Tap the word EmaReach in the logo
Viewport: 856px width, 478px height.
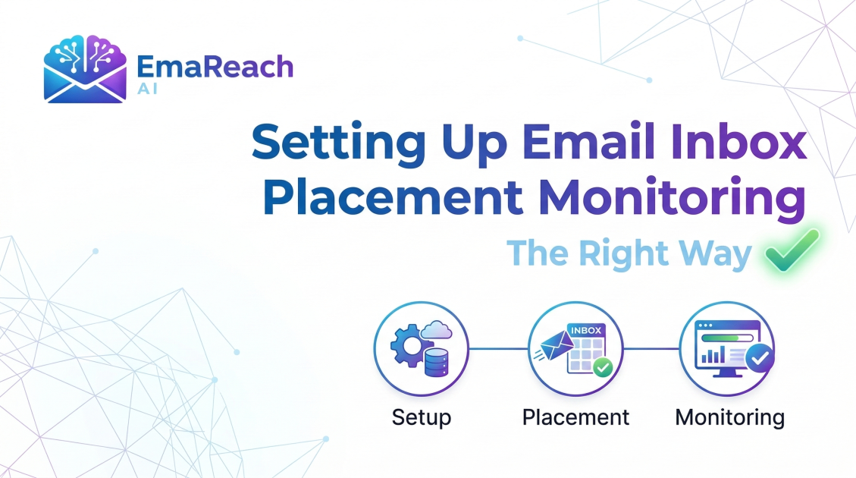(x=215, y=68)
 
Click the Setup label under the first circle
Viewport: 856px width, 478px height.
(x=422, y=417)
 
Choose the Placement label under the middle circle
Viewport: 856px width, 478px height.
(x=575, y=417)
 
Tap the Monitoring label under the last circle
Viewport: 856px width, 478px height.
(x=729, y=417)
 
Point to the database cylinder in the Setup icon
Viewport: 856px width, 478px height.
(x=435, y=362)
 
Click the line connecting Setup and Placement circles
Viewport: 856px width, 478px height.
(x=498, y=349)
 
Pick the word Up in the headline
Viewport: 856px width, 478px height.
(x=478, y=144)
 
